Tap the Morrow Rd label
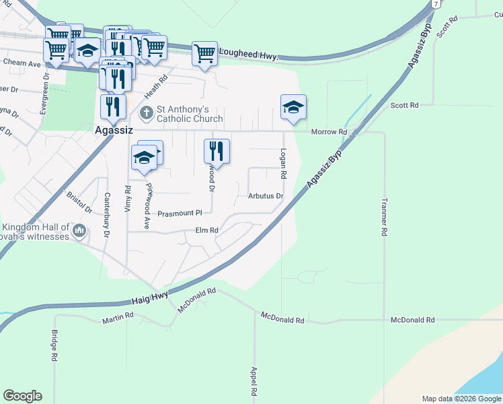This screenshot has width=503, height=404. click(x=328, y=132)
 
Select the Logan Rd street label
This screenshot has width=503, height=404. click(x=284, y=164)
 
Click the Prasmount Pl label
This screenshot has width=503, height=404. click(x=180, y=213)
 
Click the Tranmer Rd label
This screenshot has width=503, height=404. click(x=384, y=216)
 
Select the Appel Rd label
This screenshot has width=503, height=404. click(x=254, y=381)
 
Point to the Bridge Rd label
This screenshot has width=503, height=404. click(x=54, y=345)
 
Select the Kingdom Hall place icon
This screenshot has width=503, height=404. click(x=79, y=231)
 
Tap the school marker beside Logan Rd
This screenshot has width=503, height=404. click(x=293, y=107)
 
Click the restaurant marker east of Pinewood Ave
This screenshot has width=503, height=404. click(x=217, y=150)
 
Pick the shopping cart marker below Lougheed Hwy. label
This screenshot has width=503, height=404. click(x=204, y=54)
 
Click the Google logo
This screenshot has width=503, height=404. click(x=22, y=396)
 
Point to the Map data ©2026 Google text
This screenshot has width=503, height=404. click(x=461, y=399)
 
